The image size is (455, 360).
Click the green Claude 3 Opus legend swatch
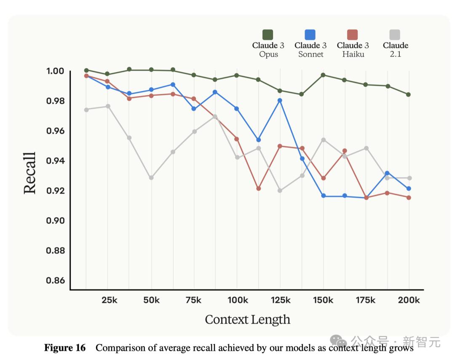(268, 35)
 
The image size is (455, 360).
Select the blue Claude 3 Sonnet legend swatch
(310, 35)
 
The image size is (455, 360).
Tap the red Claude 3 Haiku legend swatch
(353, 35)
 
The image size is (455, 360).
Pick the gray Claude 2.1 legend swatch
(395, 35)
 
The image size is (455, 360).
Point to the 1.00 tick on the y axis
(55, 71)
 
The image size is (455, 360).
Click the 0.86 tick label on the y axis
(55, 281)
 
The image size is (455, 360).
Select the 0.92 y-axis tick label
(55, 191)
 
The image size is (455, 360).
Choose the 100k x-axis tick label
(238, 300)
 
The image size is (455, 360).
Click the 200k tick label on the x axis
(409, 300)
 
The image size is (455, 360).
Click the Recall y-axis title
(30, 173)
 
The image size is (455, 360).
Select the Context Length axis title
(247, 319)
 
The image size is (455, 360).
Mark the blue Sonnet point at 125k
(280, 100)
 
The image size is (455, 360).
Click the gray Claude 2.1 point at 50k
(151, 178)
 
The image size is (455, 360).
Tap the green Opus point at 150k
(323, 75)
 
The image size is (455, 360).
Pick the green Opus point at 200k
(409, 94)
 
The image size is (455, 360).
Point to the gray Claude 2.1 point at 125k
(280, 191)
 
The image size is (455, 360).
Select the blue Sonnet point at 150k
(323, 196)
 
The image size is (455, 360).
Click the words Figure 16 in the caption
(65, 348)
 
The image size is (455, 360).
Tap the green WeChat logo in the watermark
(338, 341)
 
